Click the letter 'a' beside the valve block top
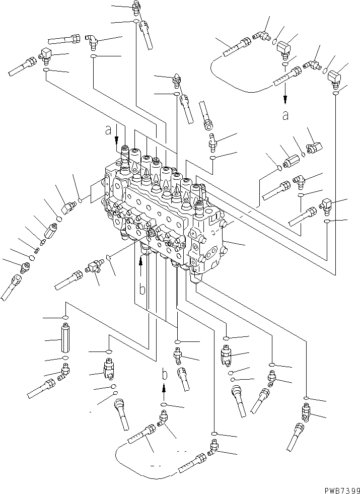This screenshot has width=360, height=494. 107,131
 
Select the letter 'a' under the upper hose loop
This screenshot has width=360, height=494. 285,116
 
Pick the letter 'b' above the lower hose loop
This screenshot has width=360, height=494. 164,374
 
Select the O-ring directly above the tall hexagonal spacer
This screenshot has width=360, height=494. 65,317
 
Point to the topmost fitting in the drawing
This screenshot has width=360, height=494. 135,6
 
